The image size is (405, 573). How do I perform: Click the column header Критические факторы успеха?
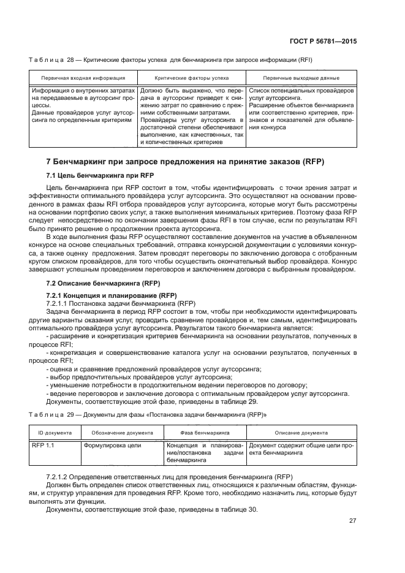(x=192, y=78)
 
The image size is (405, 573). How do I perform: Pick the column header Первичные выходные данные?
(x=301, y=78)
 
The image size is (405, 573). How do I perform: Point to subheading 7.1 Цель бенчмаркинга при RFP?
(x=90, y=175)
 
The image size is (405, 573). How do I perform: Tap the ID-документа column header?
(x=55, y=431)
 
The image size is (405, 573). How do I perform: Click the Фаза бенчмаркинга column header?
(x=205, y=431)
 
